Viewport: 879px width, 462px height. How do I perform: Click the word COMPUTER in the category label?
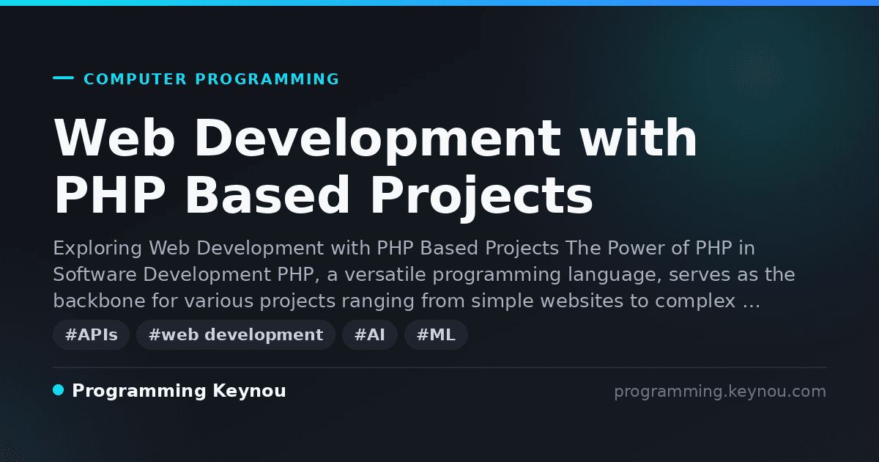click(x=135, y=79)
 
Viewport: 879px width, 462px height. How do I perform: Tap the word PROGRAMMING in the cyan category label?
click(x=267, y=79)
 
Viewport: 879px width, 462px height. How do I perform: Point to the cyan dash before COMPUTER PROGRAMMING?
click(x=63, y=78)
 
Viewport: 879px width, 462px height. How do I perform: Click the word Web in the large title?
click(x=114, y=138)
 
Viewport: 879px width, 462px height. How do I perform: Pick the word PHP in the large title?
click(x=109, y=195)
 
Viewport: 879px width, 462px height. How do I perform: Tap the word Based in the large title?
click(x=267, y=194)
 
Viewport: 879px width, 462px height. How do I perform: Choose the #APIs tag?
click(x=91, y=334)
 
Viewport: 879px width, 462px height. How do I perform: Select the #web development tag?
click(x=235, y=334)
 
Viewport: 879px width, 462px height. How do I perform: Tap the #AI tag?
click(x=370, y=334)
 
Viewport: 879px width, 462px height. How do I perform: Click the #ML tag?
click(x=436, y=334)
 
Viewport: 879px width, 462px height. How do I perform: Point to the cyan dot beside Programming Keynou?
click(x=59, y=390)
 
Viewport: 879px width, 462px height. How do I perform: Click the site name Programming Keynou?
click(x=179, y=392)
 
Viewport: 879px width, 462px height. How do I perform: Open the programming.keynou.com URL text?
click(x=720, y=392)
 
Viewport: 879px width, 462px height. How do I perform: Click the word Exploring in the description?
click(x=97, y=249)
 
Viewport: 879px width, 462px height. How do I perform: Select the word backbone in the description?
click(x=100, y=301)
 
